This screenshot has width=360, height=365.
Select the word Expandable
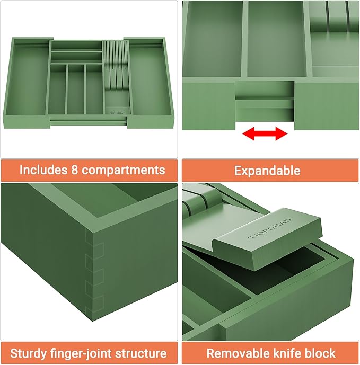tap(267, 171)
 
